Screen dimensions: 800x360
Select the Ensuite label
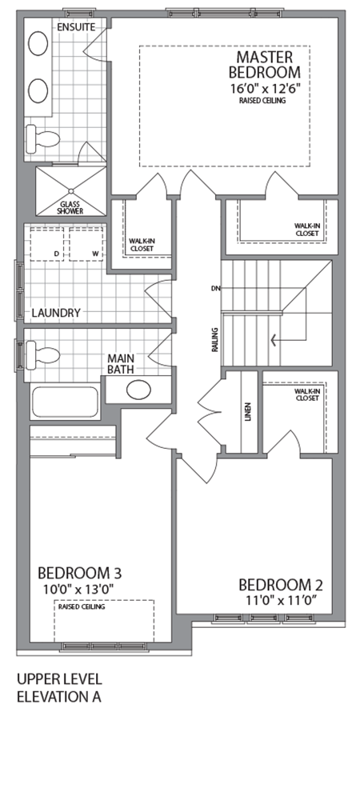point(76,27)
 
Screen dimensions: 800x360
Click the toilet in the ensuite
point(44,138)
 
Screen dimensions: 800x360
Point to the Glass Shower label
point(70,207)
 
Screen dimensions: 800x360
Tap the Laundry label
point(55,313)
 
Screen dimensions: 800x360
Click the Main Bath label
point(125,364)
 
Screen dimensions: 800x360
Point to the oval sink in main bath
point(138,390)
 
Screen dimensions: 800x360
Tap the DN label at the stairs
point(215,287)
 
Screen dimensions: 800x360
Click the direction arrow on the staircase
point(275,340)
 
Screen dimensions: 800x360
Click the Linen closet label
point(248,411)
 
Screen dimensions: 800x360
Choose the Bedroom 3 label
point(79,573)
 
